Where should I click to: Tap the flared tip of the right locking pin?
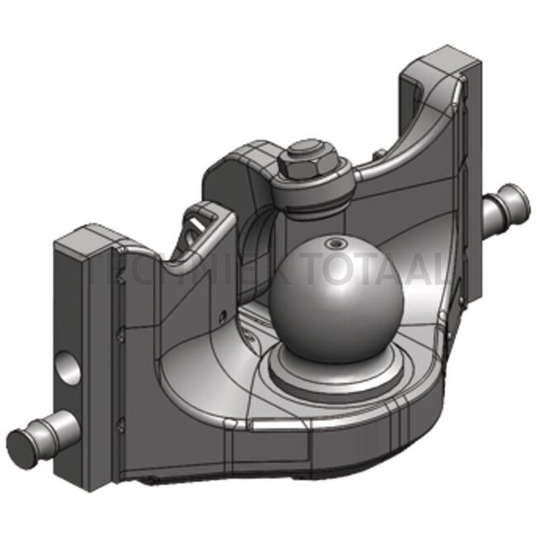coord(518,197)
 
